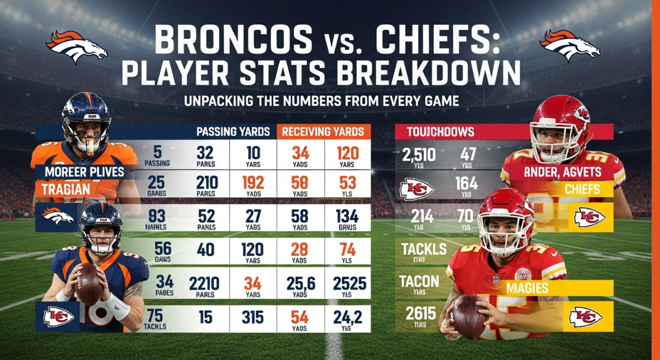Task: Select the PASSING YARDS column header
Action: (x=233, y=131)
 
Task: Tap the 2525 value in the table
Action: (x=349, y=284)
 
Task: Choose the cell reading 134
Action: (x=349, y=218)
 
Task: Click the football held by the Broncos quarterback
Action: (x=89, y=284)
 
